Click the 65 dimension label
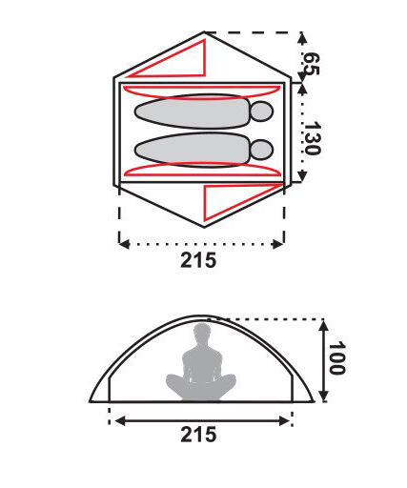pyautogui.click(x=311, y=64)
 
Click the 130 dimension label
pyautogui.click(x=312, y=138)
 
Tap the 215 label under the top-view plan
pyautogui.click(x=198, y=260)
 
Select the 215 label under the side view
pyautogui.click(x=198, y=435)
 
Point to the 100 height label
pyautogui.click(x=336, y=358)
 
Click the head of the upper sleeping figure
pyautogui.click(x=262, y=112)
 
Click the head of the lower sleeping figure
pyautogui.click(x=262, y=150)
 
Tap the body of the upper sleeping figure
pyautogui.click(x=192, y=112)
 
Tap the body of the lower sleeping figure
pyautogui.click(x=192, y=150)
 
